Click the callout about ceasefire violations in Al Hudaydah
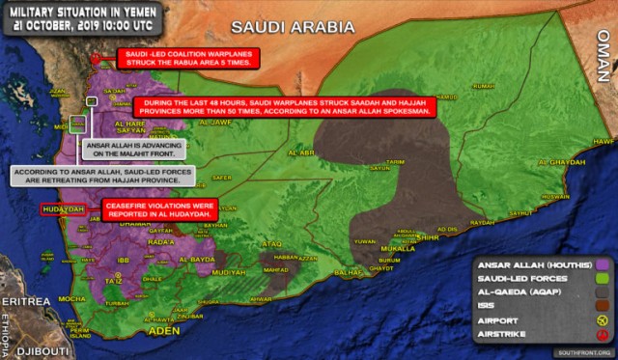pyautogui.click(x=167, y=208)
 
